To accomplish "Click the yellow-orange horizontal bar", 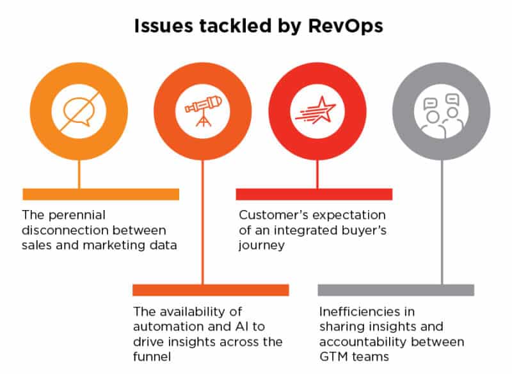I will click(100, 193).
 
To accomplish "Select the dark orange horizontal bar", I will click(211, 289).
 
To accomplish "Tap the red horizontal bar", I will click(314, 193).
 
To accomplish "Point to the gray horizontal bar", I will click(396, 289).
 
